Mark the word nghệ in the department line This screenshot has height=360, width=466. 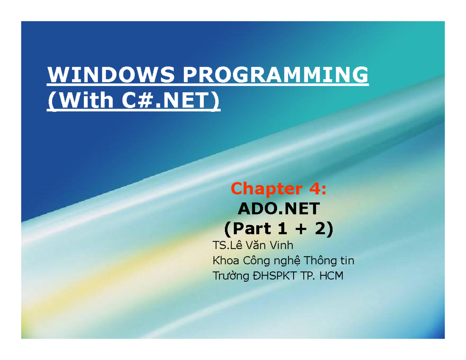coord(286,261)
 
